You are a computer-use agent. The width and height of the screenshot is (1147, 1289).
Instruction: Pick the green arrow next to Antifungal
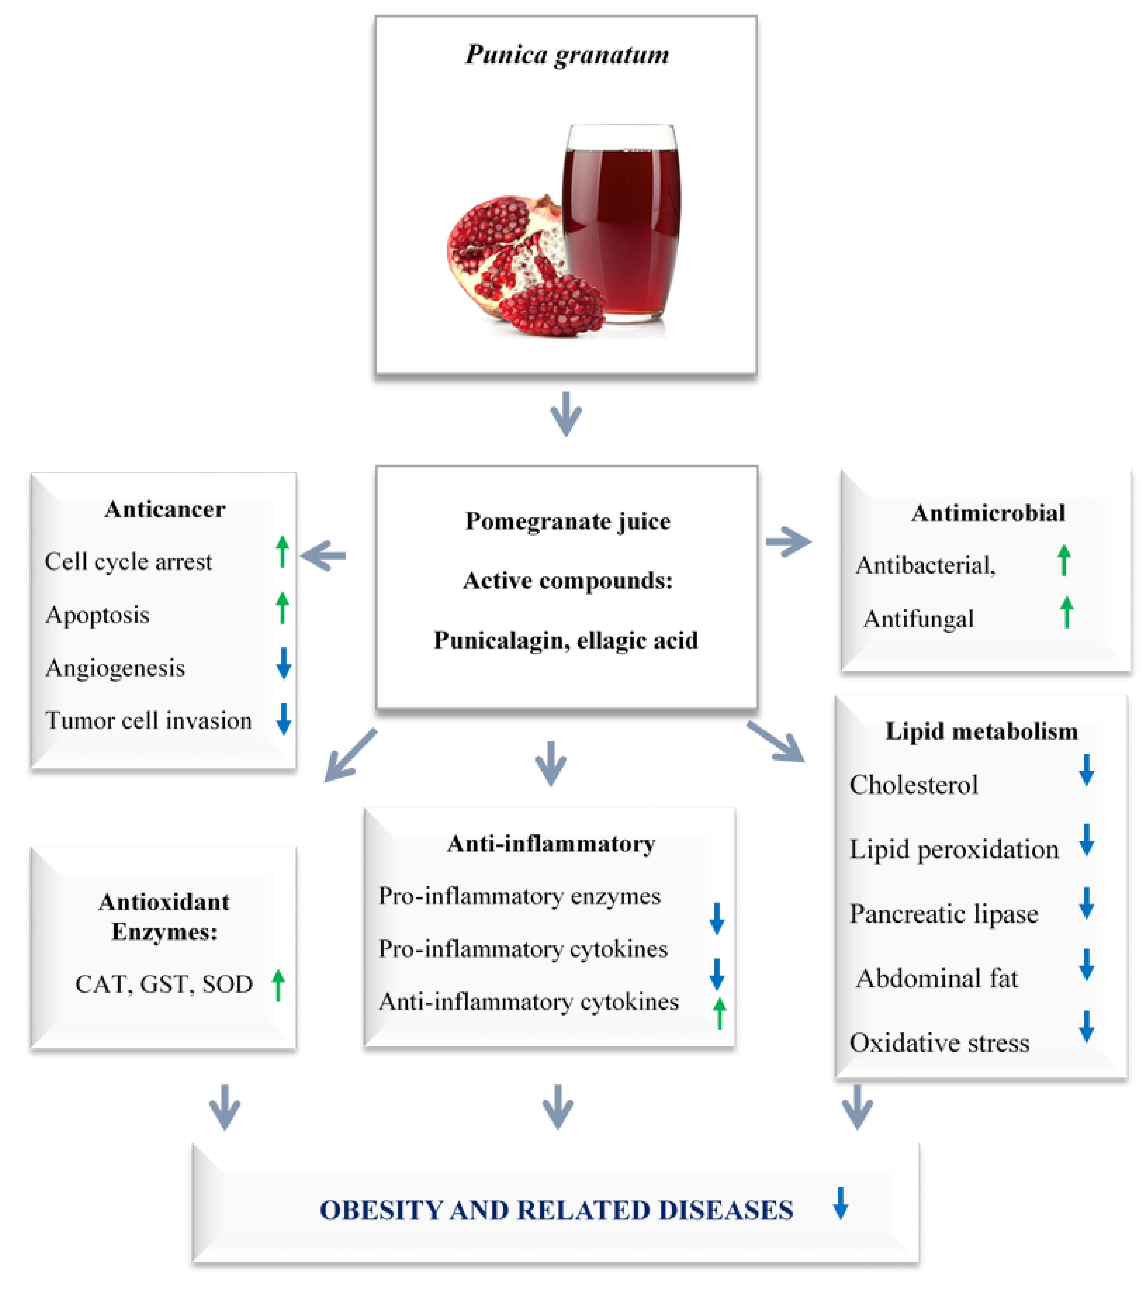coord(1066,612)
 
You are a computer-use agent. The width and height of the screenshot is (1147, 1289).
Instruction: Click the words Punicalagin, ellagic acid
coord(565,640)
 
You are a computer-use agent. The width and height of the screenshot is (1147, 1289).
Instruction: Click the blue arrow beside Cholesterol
coord(1086,769)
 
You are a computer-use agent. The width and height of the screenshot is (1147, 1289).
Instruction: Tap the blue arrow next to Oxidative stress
coord(1086,1026)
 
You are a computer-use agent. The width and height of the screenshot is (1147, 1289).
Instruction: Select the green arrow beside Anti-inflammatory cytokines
coord(719,1013)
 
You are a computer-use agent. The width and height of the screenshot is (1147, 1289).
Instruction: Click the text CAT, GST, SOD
coord(164,984)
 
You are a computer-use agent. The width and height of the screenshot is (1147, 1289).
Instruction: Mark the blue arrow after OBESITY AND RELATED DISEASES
coord(840,1203)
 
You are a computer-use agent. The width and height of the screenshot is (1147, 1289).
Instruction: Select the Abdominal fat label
coord(937,978)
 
